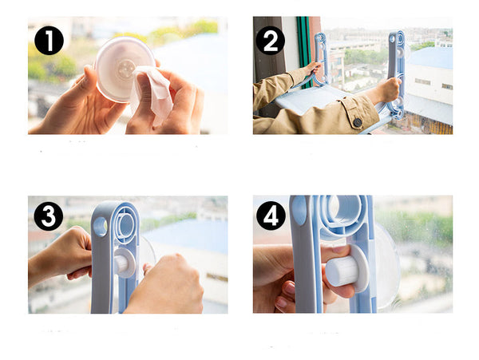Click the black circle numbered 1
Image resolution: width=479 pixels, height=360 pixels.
pyautogui.click(x=49, y=41)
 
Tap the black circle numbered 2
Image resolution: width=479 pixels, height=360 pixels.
pyautogui.click(x=271, y=41)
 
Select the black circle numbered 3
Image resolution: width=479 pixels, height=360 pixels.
pyautogui.click(x=49, y=216)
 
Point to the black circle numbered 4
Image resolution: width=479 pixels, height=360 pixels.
pyautogui.click(x=271, y=216)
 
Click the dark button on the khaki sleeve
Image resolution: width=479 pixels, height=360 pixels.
pyautogui.click(x=358, y=122)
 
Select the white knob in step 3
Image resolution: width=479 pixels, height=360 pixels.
pyautogui.click(x=125, y=263)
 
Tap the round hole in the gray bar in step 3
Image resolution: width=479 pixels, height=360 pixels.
pyautogui.click(x=101, y=227)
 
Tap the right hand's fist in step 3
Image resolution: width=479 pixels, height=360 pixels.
pyautogui.click(x=167, y=284)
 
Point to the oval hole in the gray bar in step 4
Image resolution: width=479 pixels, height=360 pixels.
pyautogui.click(x=299, y=211)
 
